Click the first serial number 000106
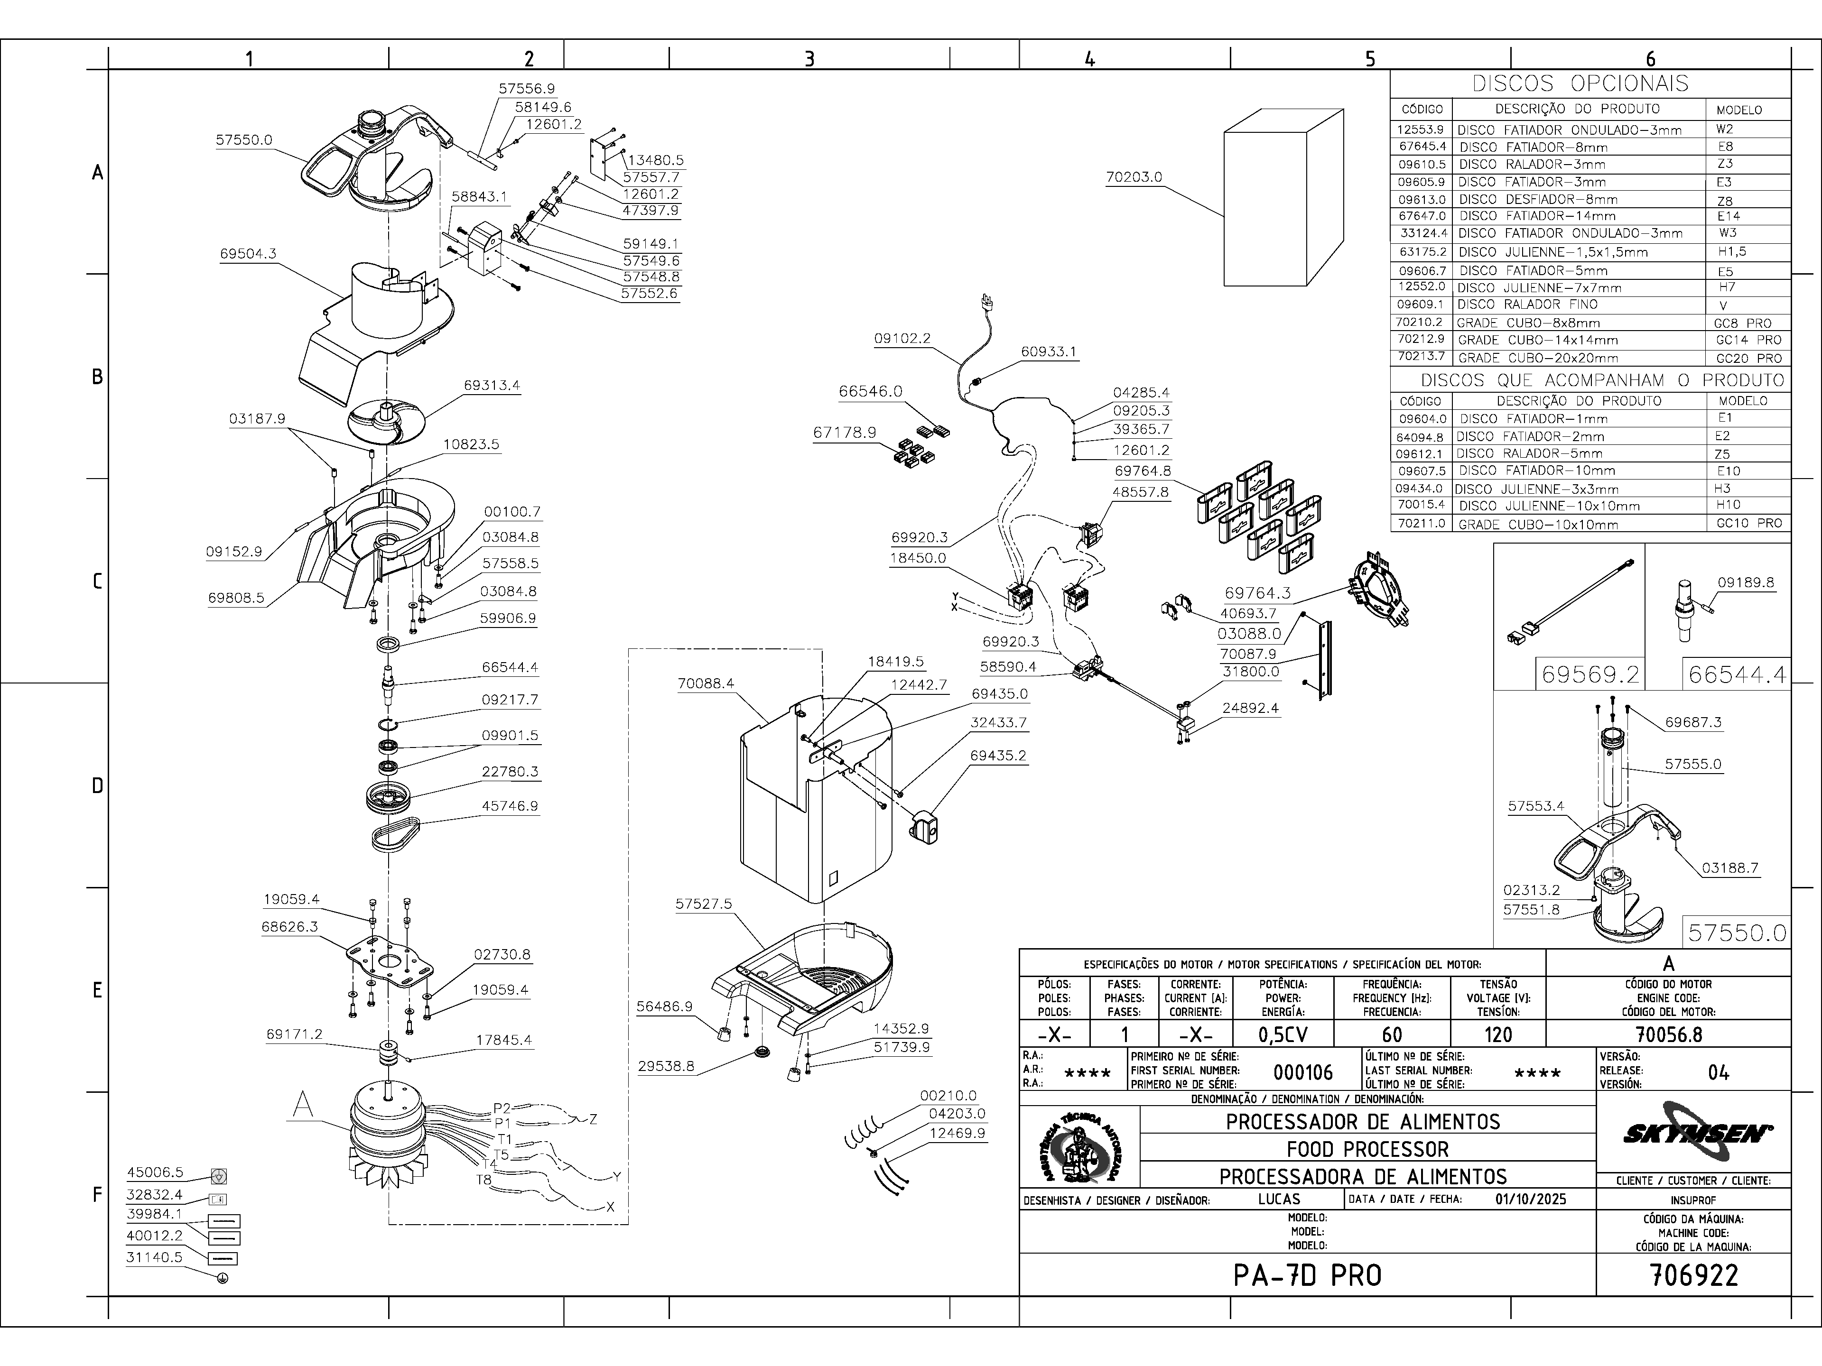[1302, 1072]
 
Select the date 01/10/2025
[1530, 1199]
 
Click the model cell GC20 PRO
[1748, 358]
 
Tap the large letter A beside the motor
[303, 1105]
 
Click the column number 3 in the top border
[809, 58]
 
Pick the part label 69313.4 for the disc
[491, 385]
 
